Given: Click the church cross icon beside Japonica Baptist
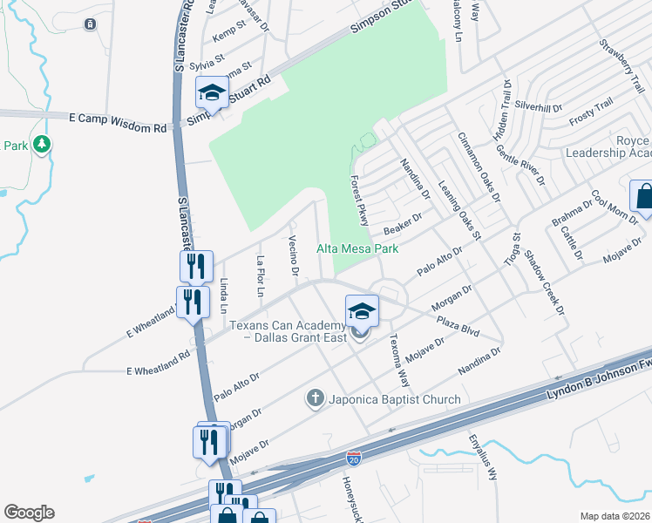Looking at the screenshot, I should click(315, 399).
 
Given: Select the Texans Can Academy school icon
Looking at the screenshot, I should click(362, 311).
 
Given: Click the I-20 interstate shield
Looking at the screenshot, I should click(354, 457).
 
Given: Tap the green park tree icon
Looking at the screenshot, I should click(42, 145).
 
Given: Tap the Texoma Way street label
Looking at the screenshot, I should click(398, 362).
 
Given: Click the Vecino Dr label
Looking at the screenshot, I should click(293, 258).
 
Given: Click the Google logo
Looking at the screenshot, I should click(29, 513).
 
